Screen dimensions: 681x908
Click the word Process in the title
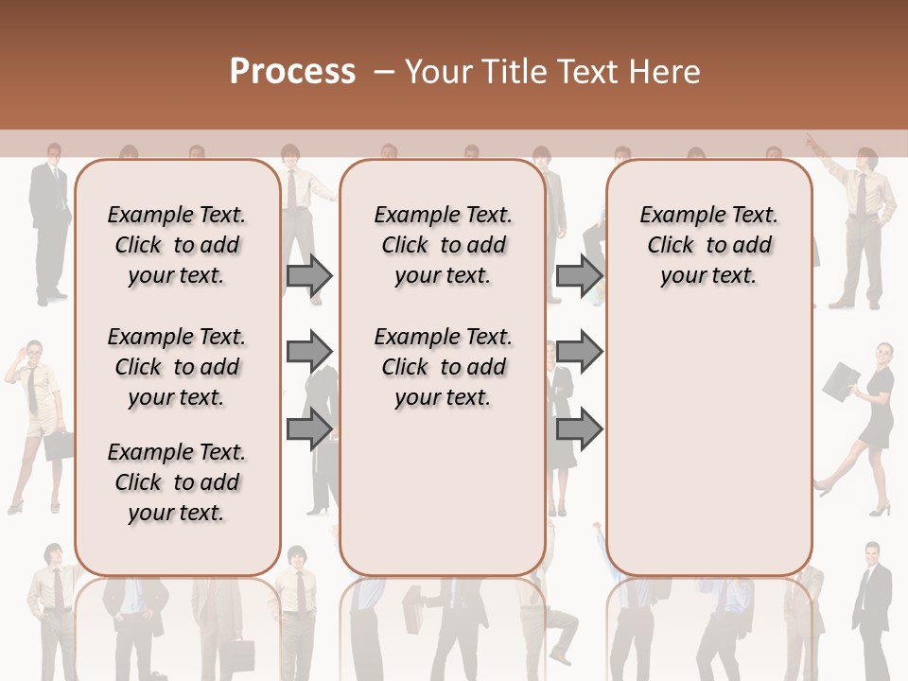pos(291,71)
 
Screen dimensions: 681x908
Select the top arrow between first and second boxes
pos(309,275)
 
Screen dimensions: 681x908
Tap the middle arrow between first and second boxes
pos(309,352)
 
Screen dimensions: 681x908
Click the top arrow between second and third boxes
pos(579,275)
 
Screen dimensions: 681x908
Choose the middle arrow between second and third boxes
pos(579,352)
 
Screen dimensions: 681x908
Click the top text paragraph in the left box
pos(177,245)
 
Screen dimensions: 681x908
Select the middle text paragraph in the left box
pos(177,367)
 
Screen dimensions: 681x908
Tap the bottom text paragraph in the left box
pos(177,482)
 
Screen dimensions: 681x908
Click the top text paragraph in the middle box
pos(443,245)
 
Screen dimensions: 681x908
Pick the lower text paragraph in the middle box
pos(443,367)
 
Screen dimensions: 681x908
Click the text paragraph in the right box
pos(709,245)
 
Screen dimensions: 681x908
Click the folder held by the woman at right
pos(840,381)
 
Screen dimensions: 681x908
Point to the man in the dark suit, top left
pos(48,222)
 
